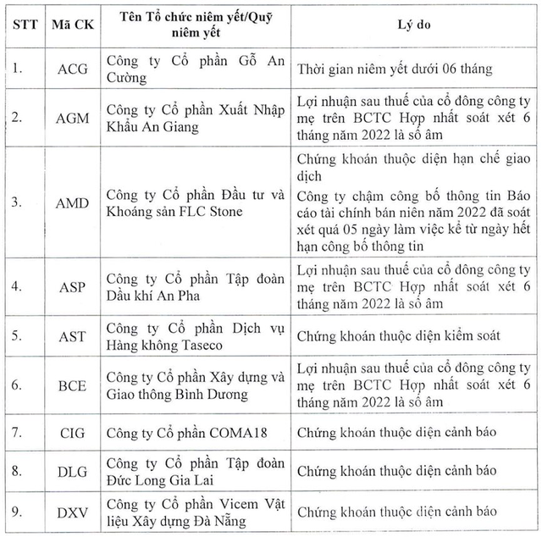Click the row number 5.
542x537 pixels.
point(20,336)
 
